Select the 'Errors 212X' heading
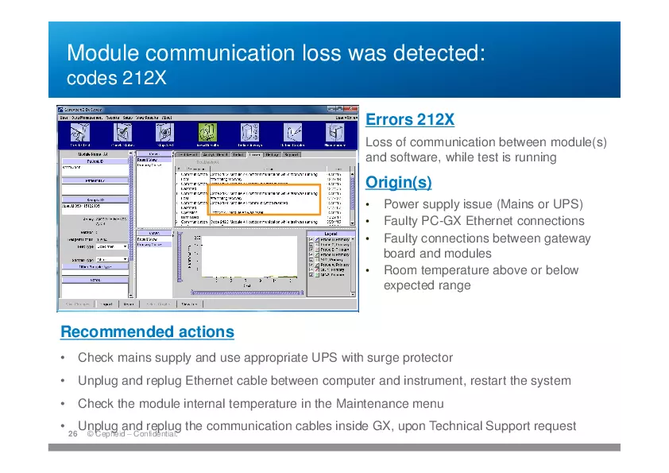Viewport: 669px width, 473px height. [410, 120]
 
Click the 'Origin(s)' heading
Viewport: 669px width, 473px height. [398, 183]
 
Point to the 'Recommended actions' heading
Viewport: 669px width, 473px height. [147, 331]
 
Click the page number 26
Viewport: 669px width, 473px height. [72, 434]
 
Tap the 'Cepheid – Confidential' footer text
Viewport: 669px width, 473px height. [131, 434]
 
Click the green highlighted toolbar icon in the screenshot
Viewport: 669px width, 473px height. [207, 132]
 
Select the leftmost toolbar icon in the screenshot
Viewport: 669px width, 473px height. [80, 132]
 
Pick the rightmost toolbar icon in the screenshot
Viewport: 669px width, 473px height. [334, 132]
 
